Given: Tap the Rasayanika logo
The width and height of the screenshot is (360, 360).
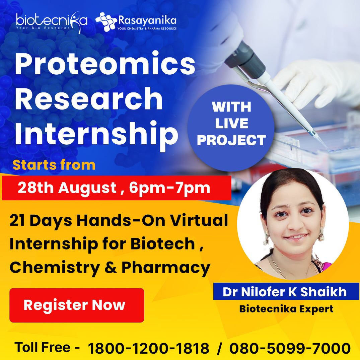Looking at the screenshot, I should [136, 22].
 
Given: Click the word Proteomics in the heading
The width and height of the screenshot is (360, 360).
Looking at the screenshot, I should [105, 64].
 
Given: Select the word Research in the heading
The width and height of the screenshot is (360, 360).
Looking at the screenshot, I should [89, 99].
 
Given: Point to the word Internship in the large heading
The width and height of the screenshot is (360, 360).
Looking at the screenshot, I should [96, 134].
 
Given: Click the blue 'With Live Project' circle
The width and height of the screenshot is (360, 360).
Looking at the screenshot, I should [231, 124].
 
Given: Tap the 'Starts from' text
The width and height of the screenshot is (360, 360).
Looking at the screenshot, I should [54, 165].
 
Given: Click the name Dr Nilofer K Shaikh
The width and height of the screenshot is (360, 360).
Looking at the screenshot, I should [285, 292].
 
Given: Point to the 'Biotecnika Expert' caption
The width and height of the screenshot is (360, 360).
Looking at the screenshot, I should [286, 309].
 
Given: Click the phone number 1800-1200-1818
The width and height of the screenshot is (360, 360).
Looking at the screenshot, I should [148, 349].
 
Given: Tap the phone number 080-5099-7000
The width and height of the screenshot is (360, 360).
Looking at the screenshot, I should [290, 349].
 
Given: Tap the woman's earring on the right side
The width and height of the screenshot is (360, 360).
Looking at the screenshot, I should [321, 235].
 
